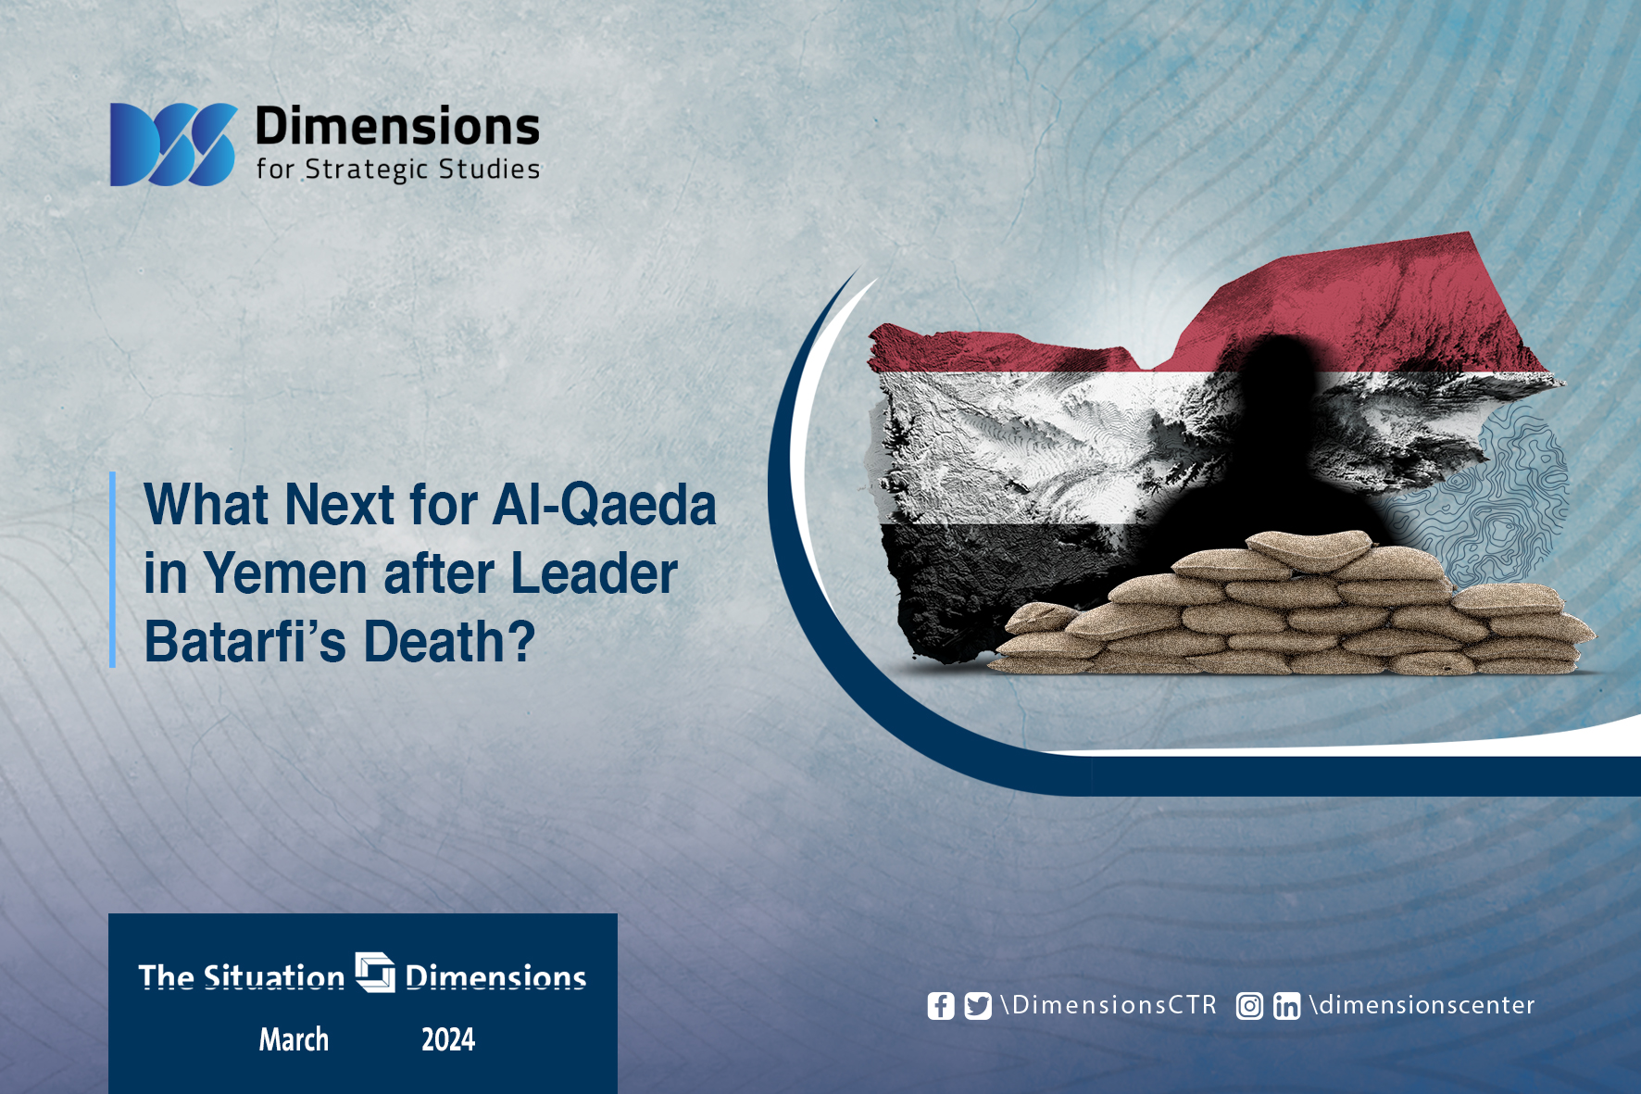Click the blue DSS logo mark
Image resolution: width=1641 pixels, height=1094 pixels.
(x=173, y=145)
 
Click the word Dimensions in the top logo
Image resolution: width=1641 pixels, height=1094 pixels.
(x=397, y=126)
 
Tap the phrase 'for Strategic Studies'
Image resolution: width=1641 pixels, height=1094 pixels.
(x=398, y=170)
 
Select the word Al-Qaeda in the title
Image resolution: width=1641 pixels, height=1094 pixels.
(x=605, y=505)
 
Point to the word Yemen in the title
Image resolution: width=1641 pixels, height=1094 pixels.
(x=285, y=573)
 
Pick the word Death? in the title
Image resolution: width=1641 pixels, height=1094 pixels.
(x=449, y=641)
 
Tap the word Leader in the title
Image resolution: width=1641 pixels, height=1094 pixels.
(x=594, y=573)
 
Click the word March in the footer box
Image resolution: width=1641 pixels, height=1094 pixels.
(x=294, y=1039)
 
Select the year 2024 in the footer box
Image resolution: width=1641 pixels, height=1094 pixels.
(x=448, y=1039)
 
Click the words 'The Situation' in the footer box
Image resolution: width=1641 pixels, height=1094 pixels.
(x=242, y=977)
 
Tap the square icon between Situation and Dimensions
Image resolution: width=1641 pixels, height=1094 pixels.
(x=375, y=972)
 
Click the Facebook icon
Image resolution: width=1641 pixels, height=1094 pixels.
(x=941, y=1006)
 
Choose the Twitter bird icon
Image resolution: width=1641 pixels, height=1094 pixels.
(x=978, y=1006)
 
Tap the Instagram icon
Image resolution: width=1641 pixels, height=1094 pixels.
(x=1249, y=1006)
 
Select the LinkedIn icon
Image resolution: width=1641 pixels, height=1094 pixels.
(x=1286, y=1006)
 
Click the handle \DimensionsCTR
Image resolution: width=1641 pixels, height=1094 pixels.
(x=1109, y=1005)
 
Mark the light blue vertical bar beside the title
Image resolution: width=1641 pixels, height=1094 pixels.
(x=112, y=570)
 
